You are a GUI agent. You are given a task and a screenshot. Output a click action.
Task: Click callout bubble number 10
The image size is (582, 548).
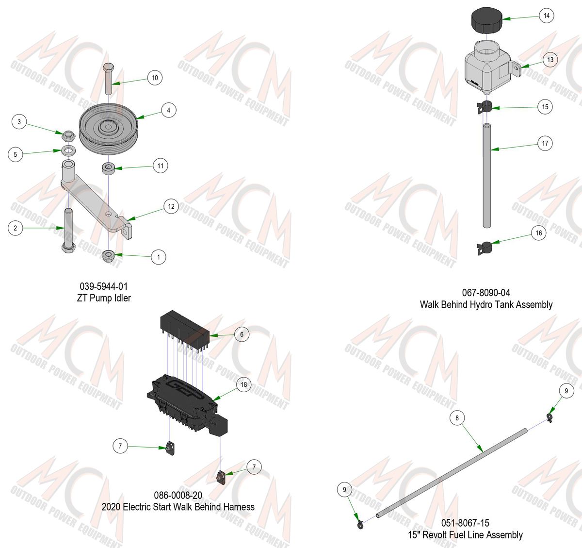click(x=155, y=78)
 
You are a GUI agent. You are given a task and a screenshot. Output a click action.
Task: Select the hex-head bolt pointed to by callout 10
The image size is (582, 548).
click(x=109, y=78)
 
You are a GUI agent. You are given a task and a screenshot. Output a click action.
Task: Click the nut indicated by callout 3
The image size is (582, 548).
click(x=68, y=136)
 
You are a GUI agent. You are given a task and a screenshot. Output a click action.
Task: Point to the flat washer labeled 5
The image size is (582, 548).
click(x=68, y=151)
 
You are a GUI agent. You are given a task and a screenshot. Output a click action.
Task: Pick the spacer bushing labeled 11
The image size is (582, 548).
click(x=108, y=168)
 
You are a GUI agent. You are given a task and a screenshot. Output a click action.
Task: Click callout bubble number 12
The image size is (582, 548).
click(x=171, y=206)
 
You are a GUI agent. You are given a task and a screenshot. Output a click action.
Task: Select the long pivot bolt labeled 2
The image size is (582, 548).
click(x=68, y=230)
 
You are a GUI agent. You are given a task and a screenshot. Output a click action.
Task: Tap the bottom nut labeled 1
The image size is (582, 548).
click(x=108, y=255)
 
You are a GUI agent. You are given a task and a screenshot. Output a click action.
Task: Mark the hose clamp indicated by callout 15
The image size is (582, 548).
click(x=485, y=107)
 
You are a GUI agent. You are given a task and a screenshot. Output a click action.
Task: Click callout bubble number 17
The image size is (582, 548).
click(x=545, y=143)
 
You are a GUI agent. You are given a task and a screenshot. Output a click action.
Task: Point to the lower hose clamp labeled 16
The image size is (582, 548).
click(x=485, y=248)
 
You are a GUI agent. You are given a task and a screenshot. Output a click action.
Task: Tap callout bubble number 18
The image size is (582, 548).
click(x=244, y=384)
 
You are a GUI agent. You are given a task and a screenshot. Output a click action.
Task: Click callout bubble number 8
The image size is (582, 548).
click(x=457, y=418)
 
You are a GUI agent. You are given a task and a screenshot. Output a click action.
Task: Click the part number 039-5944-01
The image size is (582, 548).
click(x=104, y=286)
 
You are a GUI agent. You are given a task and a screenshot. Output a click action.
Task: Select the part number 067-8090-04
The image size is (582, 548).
click(x=486, y=293)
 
